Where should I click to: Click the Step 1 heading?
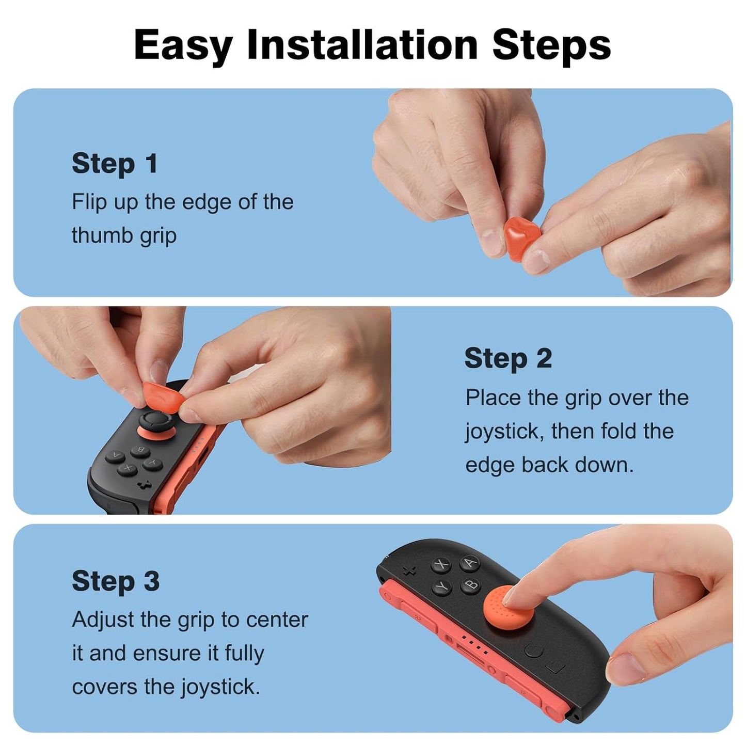(115, 164)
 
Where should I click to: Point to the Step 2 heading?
(508, 358)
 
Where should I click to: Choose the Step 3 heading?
(116, 581)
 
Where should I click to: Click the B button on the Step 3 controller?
(471, 586)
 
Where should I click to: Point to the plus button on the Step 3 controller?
(409, 570)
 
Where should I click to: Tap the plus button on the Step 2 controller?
(145, 484)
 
